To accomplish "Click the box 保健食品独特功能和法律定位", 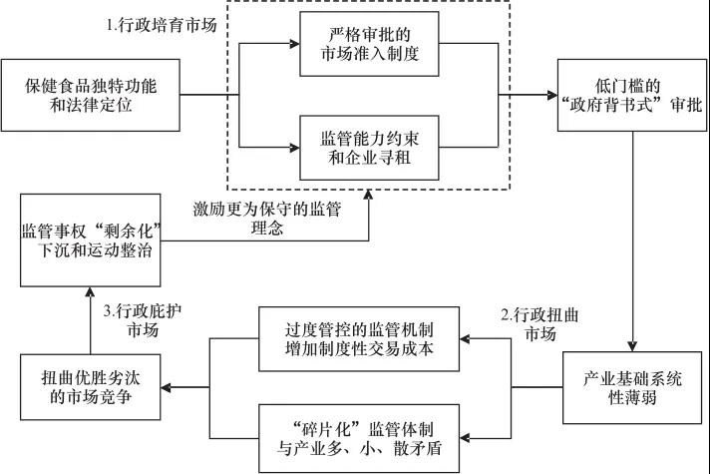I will (x=92, y=94).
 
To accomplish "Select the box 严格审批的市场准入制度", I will (x=371, y=45).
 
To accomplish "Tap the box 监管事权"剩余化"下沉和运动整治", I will (x=92, y=240).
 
